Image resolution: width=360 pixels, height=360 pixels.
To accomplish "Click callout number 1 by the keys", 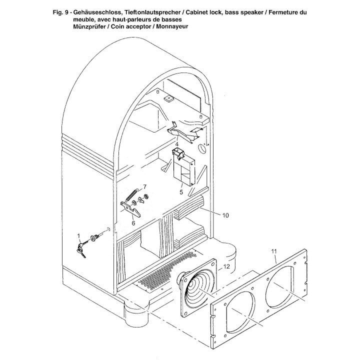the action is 79,235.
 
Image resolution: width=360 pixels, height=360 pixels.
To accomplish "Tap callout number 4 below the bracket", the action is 176,144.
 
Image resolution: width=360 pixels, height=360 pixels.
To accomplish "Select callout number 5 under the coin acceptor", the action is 181,192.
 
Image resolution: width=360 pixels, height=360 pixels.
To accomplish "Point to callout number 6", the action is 133,222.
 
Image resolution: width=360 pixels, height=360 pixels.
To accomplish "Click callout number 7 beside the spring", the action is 144,186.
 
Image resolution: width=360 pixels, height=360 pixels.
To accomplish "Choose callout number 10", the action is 225,215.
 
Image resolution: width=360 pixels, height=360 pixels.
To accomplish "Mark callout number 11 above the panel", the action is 274,251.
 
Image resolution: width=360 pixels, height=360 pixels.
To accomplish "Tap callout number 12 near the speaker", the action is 226,266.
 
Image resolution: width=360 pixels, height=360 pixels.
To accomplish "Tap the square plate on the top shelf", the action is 168,98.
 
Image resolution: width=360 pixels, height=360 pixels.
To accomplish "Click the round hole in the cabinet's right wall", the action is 202,148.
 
